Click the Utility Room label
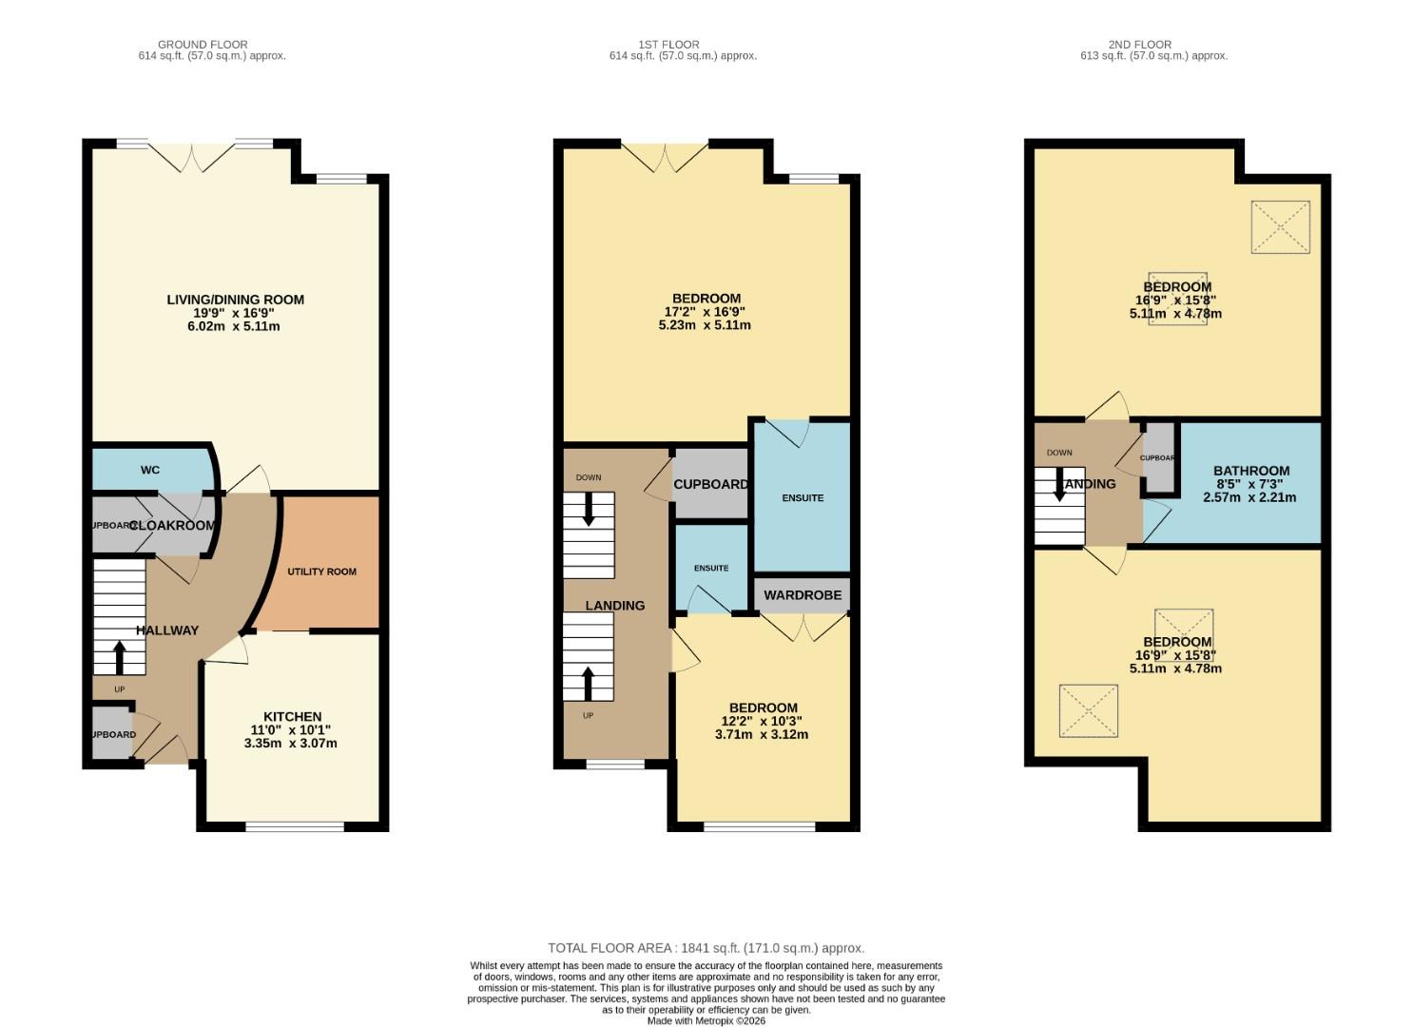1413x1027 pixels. point(321,572)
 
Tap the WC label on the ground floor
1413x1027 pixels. point(150,470)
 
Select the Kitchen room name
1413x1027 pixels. point(292,716)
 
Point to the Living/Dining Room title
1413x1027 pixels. point(235,300)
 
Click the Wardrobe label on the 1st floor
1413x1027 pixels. point(803,595)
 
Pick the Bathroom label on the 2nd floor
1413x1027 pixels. point(1250,471)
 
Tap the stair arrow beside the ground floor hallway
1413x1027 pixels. point(120,657)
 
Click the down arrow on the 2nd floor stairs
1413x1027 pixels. point(1058,487)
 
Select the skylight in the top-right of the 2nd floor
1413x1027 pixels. point(1280,226)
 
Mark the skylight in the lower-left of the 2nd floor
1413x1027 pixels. point(1089,709)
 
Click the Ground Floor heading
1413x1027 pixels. point(203,45)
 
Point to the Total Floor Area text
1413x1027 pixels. point(706,948)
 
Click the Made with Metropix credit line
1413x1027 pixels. point(706,1020)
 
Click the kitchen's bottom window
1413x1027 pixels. point(295,826)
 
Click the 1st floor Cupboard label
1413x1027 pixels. point(710,484)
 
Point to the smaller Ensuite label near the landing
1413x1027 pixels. point(710,568)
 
